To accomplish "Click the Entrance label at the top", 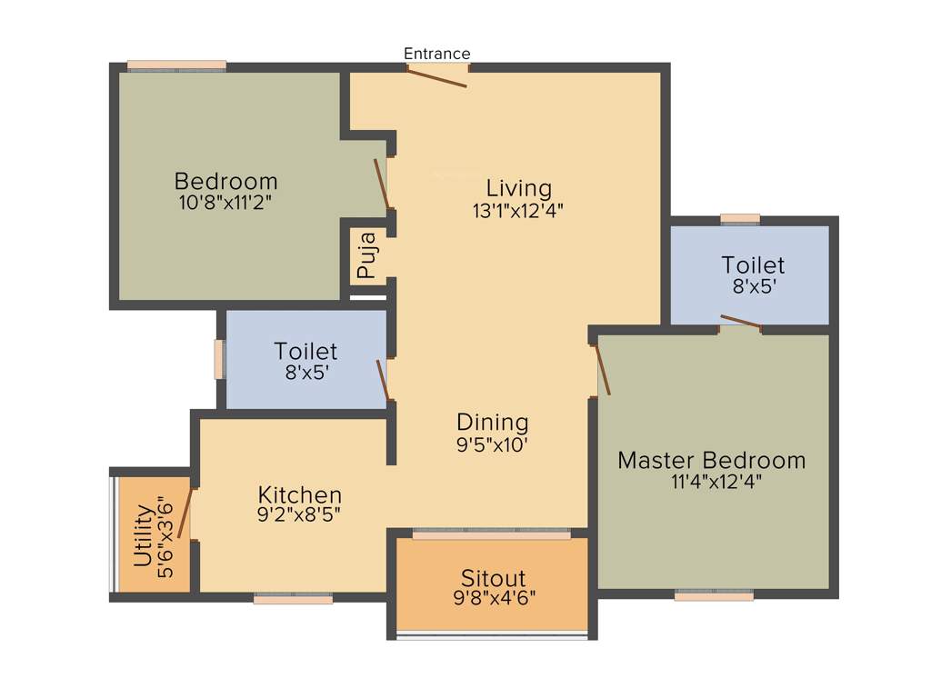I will pos(437,54).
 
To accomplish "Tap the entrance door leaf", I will pos(436,76).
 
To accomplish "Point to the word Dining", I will pos(492,422).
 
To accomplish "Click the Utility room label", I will pos(143,543).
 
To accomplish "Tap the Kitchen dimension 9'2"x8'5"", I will pos(300,515).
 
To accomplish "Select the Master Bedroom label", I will pos(711,460).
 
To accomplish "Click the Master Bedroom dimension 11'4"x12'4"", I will pos(716,482).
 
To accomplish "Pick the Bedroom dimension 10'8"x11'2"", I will pos(225,202).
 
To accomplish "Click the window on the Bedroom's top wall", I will pos(176,65).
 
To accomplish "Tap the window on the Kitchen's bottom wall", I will pos(293,599).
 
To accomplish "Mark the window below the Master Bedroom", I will pos(714,596).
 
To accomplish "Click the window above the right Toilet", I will pos(739,219).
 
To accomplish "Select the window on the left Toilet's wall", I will pos(218,359).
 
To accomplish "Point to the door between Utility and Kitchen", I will pos(185,514).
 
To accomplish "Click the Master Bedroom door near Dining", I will pos(603,371).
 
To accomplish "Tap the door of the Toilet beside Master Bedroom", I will pos(740,321).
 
